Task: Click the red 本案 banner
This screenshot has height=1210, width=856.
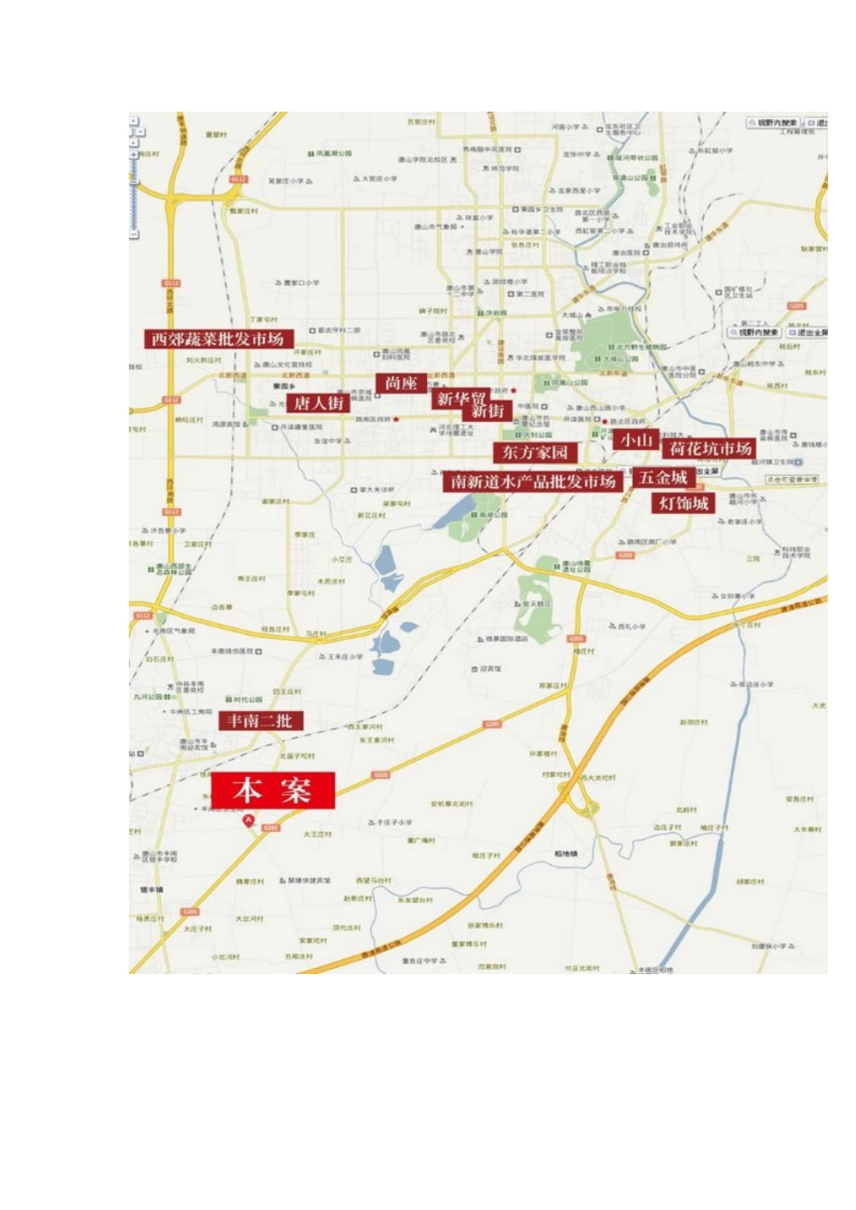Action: [x=273, y=790]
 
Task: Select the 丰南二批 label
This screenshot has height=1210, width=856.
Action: [x=260, y=720]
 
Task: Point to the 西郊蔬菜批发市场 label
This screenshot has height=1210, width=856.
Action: [x=217, y=339]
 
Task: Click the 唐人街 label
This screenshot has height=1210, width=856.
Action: [x=320, y=402]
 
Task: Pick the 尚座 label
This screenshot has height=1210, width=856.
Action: [x=400, y=383]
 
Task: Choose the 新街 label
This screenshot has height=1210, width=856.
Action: [x=487, y=411]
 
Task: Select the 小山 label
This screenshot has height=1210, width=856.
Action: [x=634, y=439]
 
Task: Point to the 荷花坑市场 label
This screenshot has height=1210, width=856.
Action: [x=710, y=447]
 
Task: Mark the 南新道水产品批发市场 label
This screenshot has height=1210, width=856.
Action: [x=533, y=482]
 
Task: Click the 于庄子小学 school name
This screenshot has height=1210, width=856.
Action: [x=393, y=822]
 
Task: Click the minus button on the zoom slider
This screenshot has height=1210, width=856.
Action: [x=134, y=235]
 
